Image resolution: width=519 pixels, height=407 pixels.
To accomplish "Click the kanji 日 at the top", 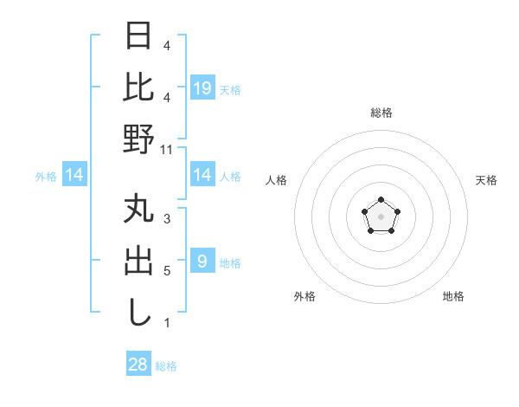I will coord(138,37).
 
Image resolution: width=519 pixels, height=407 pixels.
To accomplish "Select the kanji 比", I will coord(138,87).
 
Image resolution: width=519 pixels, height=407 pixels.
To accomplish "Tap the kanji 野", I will coord(138,139).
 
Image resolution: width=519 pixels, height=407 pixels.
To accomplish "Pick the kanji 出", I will coord(138,262).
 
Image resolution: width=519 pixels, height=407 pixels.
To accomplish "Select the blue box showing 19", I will coord(202,87).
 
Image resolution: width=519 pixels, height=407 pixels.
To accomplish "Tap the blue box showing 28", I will coord(138,365).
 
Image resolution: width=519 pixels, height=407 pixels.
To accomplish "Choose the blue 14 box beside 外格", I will coord(75,176).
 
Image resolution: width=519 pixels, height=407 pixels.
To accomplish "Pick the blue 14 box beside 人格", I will coord(202,176).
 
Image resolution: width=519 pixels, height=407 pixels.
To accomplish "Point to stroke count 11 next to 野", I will coord(167,149).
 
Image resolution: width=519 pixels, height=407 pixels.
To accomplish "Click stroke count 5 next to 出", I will coord(167,271).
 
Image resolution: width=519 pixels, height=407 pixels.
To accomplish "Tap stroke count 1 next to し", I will coord(167,323).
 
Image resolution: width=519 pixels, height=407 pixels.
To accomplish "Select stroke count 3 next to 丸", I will coord(167,219).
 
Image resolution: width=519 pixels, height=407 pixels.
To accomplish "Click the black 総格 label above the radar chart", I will coord(381,113).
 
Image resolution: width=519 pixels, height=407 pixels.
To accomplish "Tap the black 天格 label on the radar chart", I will coord(487,180).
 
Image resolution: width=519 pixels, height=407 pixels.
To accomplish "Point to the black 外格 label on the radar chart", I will coord(304,296).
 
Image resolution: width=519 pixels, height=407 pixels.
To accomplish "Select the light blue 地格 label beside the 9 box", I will coord(230,262).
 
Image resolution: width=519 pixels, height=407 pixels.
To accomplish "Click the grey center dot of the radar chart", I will coord(381,215).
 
